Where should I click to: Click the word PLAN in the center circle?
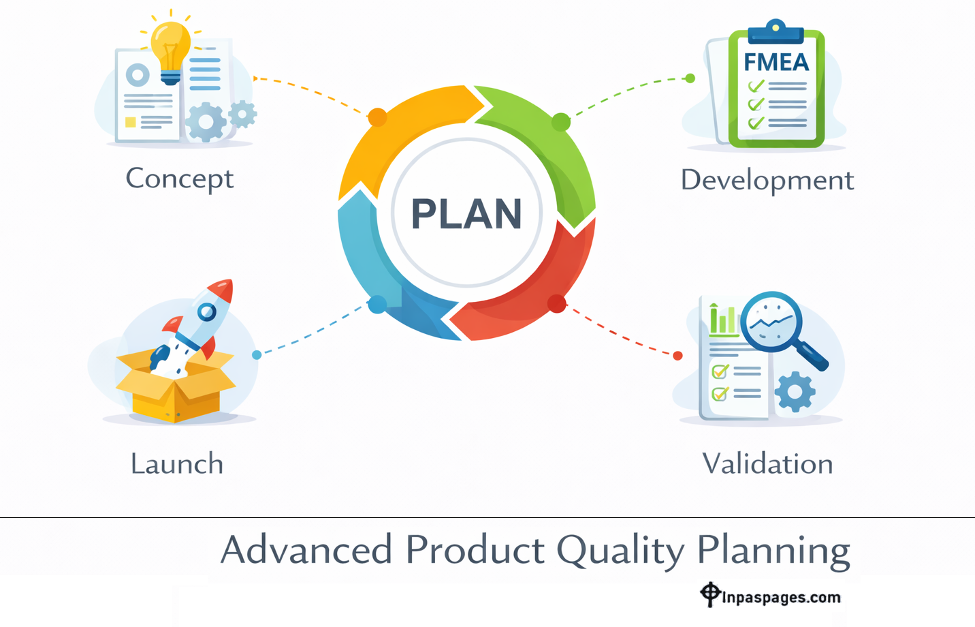pos(466,214)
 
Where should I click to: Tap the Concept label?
pos(179,179)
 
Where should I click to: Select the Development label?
pos(767,181)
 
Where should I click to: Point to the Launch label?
pos(177,464)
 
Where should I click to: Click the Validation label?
pos(767,464)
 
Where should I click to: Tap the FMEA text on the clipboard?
pos(776,63)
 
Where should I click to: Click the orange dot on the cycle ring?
pos(377,117)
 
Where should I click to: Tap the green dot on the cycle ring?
pos(560,123)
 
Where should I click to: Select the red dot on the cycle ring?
pos(556,304)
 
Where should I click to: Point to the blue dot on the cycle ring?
pos(377,305)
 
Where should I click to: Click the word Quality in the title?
pos(620,551)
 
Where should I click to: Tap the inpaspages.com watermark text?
pos(780,598)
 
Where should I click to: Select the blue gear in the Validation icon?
pos(795,392)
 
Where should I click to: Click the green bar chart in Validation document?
pos(723,320)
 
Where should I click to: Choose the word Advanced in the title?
pos(306,550)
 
